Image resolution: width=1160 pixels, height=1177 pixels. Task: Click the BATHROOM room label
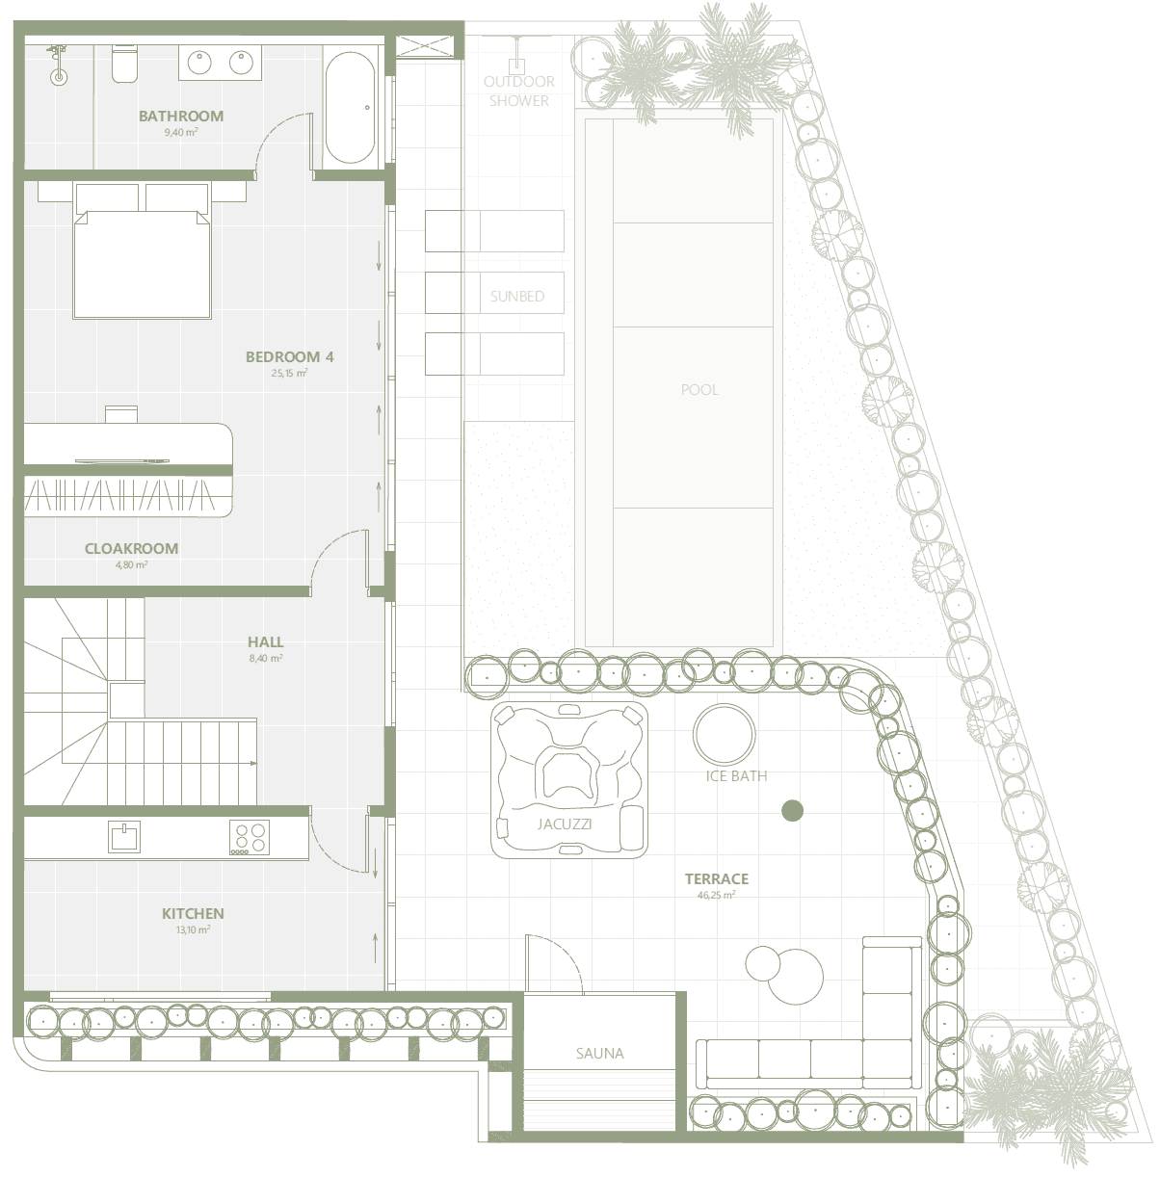pyautogui.click(x=181, y=116)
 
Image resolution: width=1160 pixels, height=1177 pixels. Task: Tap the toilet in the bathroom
pyautogui.click(x=124, y=63)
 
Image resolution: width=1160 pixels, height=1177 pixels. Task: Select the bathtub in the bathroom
pyautogui.click(x=350, y=108)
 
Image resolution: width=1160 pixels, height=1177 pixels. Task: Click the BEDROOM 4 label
pyautogui.click(x=290, y=357)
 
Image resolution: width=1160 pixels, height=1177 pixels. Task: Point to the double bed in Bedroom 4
pyautogui.click(x=142, y=250)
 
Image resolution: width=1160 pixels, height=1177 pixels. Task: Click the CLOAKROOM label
pyautogui.click(x=131, y=548)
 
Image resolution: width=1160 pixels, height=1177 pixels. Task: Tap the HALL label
pyautogui.click(x=265, y=641)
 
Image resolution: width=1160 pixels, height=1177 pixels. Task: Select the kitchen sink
pyautogui.click(x=124, y=836)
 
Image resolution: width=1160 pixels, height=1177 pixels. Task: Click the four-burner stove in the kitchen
pyautogui.click(x=250, y=838)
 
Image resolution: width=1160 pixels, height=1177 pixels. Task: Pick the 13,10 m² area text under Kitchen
pyautogui.click(x=193, y=930)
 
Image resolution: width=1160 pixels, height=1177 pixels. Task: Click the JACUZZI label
pyautogui.click(x=565, y=824)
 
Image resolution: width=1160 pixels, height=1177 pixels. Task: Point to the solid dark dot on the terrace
pyautogui.click(x=792, y=811)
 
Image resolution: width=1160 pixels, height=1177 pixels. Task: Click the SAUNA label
pyautogui.click(x=599, y=1054)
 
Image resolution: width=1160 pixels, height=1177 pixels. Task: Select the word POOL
pyautogui.click(x=699, y=390)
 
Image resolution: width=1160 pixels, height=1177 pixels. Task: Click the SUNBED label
pyautogui.click(x=517, y=297)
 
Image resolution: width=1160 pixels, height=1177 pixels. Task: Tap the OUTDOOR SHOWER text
pyautogui.click(x=519, y=91)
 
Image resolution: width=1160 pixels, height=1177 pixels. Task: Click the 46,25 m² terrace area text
pyautogui.click(x=716, y=896)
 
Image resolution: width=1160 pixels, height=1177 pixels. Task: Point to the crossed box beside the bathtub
pyautogui.click(x=427, y=46)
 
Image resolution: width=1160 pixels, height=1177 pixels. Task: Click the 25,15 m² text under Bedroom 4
pyautogui.click(x=289, y=373)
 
